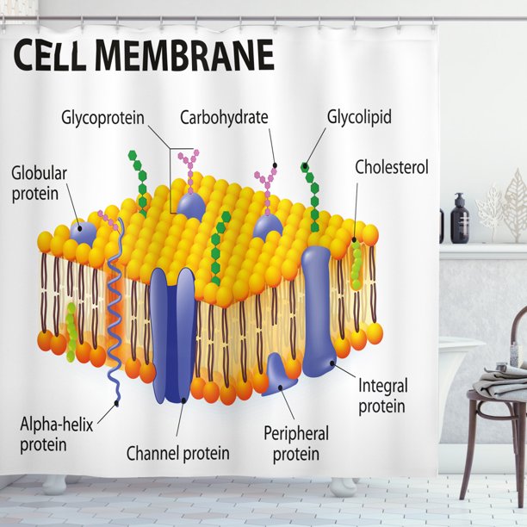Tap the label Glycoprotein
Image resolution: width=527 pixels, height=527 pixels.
click(102, 117)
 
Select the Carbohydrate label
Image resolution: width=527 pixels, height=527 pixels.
click(224, 117)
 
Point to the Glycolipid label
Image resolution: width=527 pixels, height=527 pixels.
click(359, 117)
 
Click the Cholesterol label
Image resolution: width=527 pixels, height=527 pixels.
click(391, 167)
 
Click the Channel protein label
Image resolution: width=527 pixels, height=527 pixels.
click(178, 453)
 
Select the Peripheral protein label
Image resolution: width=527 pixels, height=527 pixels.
click(296, 443)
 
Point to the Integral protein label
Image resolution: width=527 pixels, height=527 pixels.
click(382, 395)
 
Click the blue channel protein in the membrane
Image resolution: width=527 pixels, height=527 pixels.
click(173, 336)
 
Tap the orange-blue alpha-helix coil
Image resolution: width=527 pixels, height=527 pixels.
click(115, 301)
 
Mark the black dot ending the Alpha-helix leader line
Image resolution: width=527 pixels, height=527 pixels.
click(118, 402)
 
